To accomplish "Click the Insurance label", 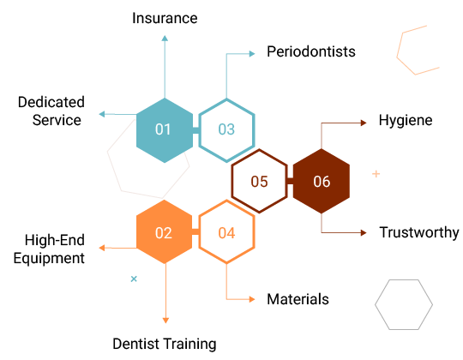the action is (165, 18).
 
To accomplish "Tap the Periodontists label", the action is (311, 51).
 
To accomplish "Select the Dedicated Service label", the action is (51, 111).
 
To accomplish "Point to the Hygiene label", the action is (406, 121).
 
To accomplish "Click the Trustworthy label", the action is (419, 232).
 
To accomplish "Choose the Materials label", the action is (298, 299).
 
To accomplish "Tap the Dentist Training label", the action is (165, 345).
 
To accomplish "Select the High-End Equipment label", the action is (49, 249).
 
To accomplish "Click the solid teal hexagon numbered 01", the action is (165, 130).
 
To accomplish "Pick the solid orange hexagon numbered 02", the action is (165, 232).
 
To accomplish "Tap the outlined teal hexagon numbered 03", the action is (255, 130).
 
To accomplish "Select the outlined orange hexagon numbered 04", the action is (255, 232).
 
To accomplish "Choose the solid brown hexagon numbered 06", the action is (322, 181).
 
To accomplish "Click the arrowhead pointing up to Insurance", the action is (165, 38).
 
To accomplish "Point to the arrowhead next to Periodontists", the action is (252, 54).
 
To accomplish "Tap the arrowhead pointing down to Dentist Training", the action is (165, 321).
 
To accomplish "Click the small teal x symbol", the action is (134, 279).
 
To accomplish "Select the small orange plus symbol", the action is (376, 174).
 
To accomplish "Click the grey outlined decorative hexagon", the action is (375, 304).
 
